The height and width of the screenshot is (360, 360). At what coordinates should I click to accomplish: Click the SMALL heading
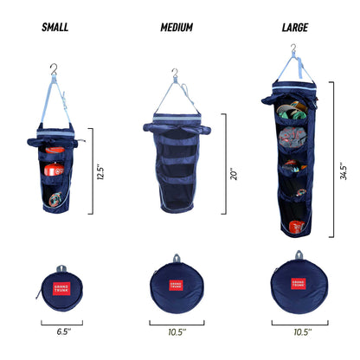[55, 27]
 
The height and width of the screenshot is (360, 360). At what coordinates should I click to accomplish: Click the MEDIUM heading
[177, 27]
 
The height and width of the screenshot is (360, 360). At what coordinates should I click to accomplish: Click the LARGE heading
[294, 27]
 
